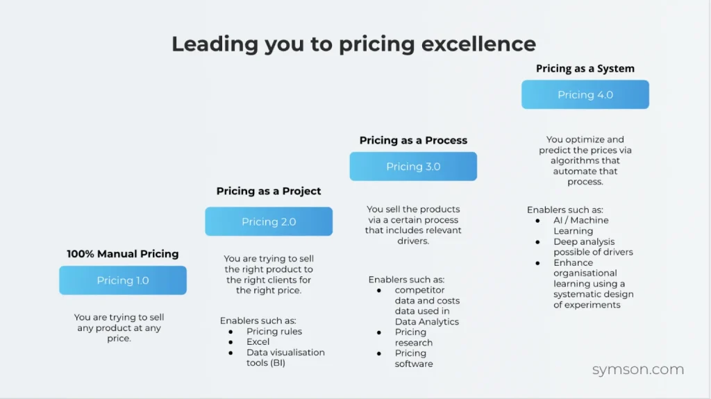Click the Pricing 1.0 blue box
tap(123, 280)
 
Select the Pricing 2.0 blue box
tap(269, 221)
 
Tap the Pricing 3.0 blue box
tap(413, 167)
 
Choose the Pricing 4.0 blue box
tap(585, 94)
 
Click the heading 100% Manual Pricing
tap(123, 254)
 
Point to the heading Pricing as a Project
tap(269, 191)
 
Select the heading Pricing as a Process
tap(413, 140)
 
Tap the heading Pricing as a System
tap(585, 69)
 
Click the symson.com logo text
tap(638, 370)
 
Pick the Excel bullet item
tap(258, 341)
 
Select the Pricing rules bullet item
tap(274, 331)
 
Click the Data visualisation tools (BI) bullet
tap(285, 357)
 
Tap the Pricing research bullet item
tap(414, 337)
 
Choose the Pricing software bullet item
tap(414, 358)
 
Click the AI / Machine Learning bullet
tap(580, 226)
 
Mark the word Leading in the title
tap(215, 44)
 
